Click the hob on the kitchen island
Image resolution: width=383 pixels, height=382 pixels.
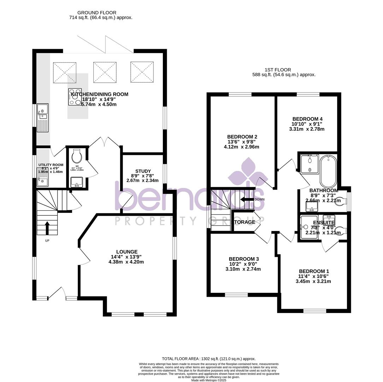(75, 97)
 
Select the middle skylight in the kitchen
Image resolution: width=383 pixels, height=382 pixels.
(105, 73)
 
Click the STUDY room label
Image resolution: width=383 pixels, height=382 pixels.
(143, 171)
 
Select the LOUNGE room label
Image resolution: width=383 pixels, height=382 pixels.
(127, 251)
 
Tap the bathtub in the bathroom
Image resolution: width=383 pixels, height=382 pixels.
(329, 171)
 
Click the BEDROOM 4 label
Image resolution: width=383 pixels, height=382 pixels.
(307, 119)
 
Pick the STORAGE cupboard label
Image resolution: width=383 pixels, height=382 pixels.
(243, 222)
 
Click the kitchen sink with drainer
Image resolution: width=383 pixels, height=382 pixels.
(43, 117)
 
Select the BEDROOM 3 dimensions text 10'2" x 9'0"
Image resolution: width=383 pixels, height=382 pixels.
(243, 264)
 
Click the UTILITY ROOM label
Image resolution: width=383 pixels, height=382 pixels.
(51, 165)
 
